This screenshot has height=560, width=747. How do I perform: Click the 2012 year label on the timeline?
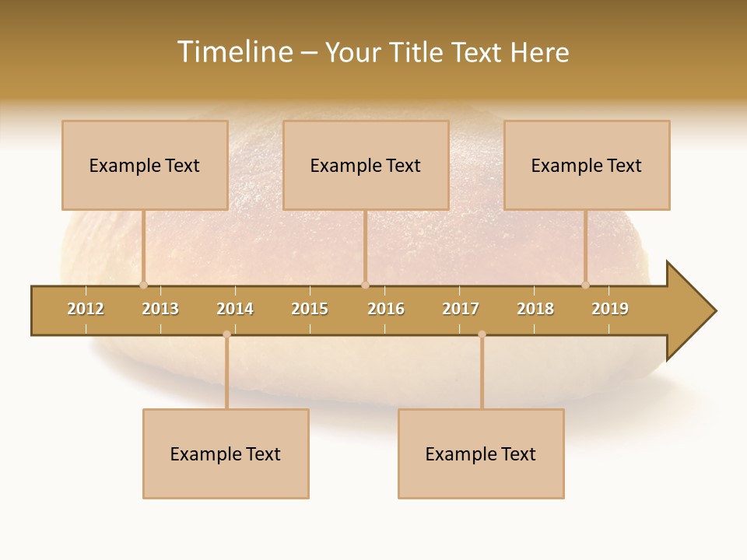coord(86,310)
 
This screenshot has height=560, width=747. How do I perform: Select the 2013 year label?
coord(160,310)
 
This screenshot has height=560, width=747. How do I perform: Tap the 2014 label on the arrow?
coord(235,310)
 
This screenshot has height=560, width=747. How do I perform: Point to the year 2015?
coord(310,310)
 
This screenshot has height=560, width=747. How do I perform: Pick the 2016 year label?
coord(386,310)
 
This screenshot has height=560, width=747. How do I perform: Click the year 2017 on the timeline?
coord(461,310)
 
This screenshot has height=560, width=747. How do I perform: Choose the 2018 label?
coord(535,310)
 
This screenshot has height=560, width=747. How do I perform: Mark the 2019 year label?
coord(610,310)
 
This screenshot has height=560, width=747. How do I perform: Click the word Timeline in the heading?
coord(234,52)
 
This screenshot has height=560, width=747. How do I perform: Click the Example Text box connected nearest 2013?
coord(145,165)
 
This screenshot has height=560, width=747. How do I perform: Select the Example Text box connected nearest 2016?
coord(366,165)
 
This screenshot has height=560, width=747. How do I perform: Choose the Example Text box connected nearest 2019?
coord(587,165)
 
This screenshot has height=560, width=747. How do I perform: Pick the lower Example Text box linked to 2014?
coord(226,453)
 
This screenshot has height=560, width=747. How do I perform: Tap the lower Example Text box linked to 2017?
coord(481,453)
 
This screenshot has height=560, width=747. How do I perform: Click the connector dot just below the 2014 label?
coord(226,334)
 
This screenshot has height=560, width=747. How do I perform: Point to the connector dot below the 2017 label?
coord(482,334)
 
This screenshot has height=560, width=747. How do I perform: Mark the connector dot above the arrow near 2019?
coord(585,285)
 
